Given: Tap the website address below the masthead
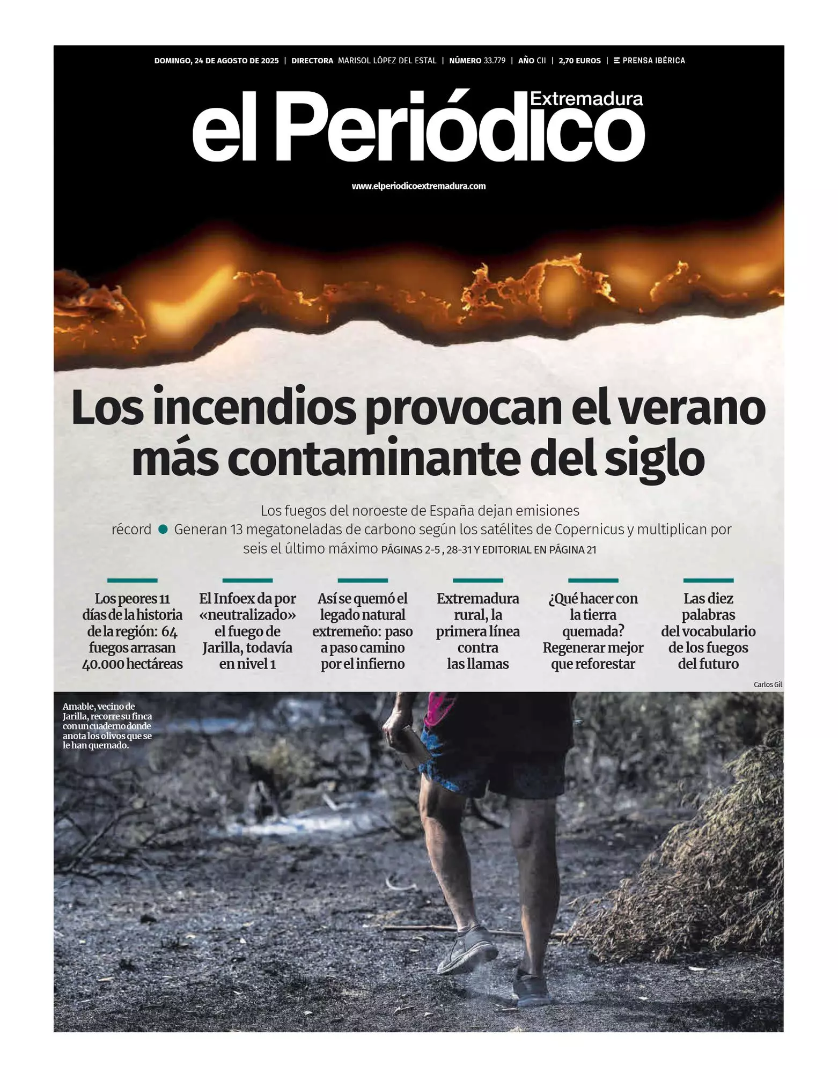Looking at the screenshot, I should pos(418,186).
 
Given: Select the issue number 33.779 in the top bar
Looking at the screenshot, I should pos(494,61).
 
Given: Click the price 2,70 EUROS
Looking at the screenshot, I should pos(579,61).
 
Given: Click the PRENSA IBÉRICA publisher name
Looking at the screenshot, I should pos(653,61).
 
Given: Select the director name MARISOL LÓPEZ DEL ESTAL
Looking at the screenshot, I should pos(387,61).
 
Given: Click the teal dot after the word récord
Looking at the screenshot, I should pos(163,530).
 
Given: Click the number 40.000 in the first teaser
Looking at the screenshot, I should pos(104,664).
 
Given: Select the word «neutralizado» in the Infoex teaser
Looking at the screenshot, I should pos(247,615).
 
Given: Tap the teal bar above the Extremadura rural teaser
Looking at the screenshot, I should pos(477,580).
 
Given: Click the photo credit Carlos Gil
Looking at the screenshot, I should pos(767,685).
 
